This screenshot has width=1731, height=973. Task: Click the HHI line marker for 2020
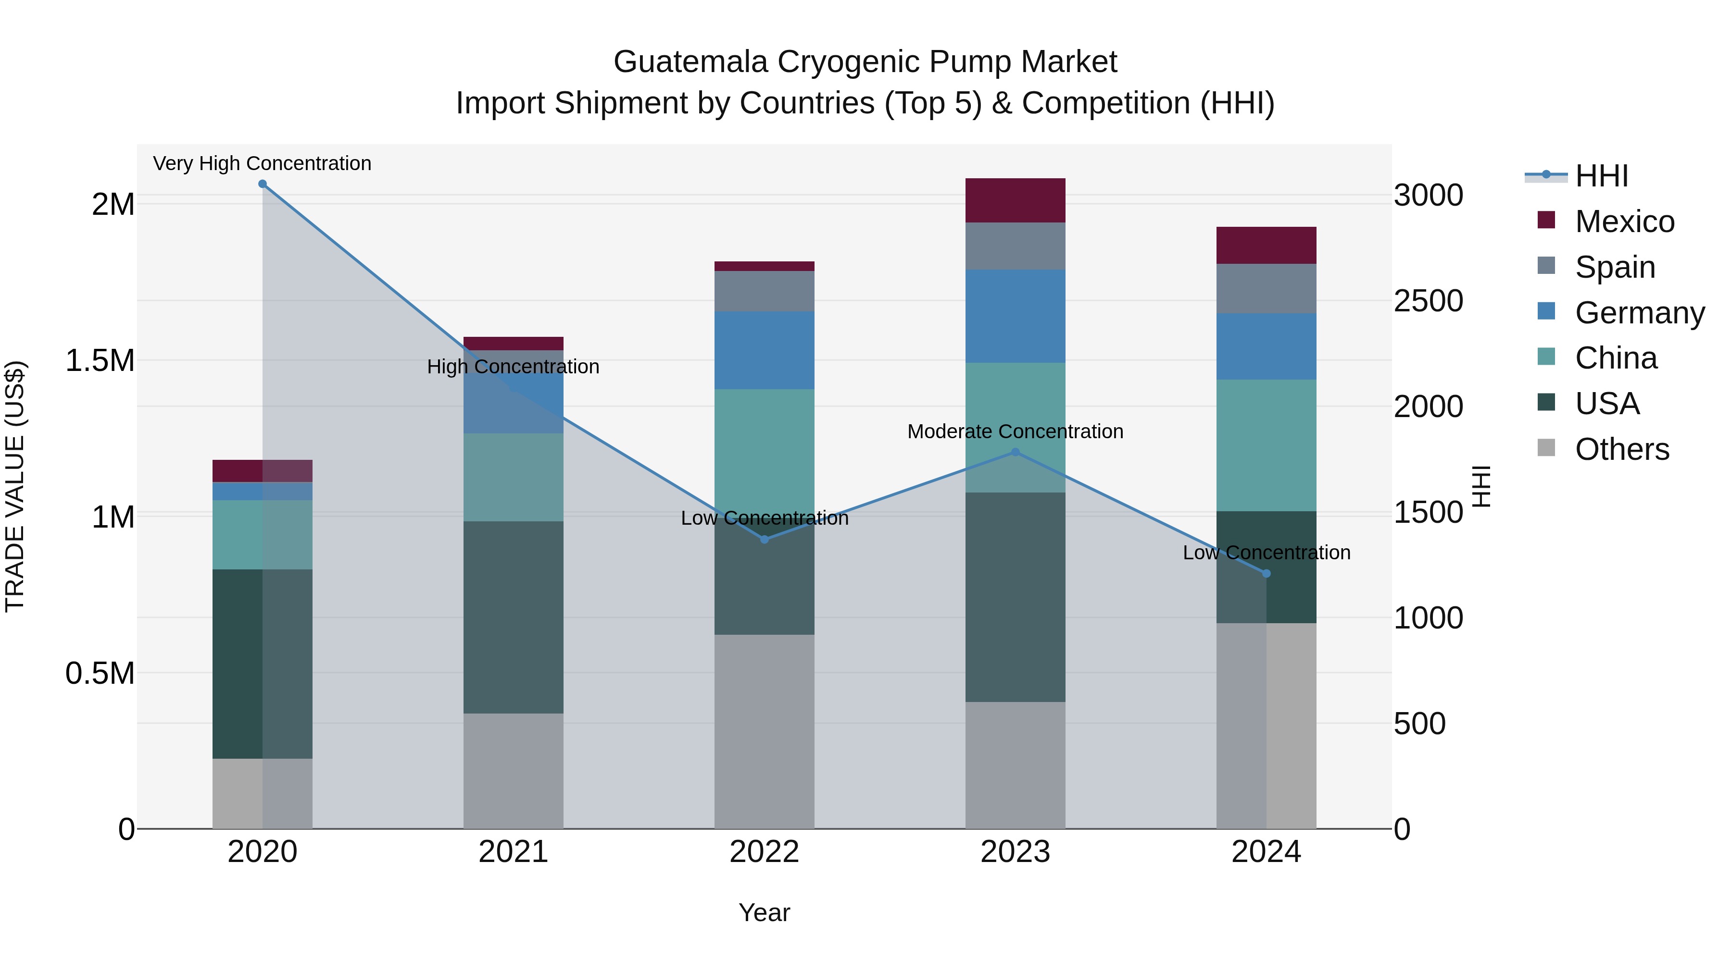(263, 184)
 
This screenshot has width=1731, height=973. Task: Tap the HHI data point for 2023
(1016, 453)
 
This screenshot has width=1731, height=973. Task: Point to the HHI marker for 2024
(1267, 573)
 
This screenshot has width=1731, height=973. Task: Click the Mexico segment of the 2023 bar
(1016, 200)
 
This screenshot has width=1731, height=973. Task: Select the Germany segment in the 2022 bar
(764, 350)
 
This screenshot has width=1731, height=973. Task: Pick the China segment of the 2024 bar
(1267, 445)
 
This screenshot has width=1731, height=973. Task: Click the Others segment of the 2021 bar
(514, 771)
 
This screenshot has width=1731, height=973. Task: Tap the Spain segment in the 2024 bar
(1267, 288)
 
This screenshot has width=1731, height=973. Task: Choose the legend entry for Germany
(1640, 313)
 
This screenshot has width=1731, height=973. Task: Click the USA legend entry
(1607, 404)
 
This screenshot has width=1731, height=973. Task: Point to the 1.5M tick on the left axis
(100, 360)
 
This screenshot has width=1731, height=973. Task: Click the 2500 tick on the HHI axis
(1428, 301)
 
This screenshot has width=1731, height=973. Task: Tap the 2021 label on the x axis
(514, 852)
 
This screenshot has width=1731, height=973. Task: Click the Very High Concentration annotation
(262, 163)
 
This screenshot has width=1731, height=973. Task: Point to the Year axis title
(764, 912)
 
